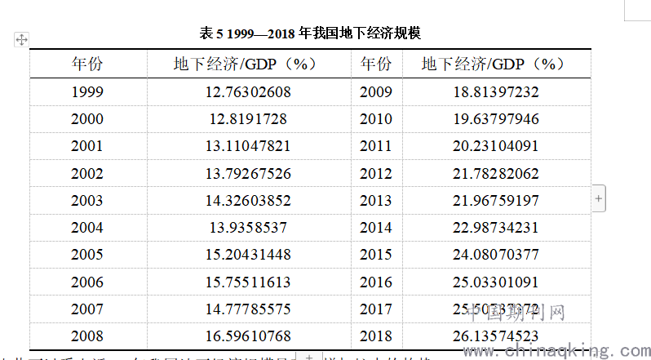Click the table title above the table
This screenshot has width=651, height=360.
click(x=310, y=33)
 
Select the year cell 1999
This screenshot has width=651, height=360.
click(x=87, y=92)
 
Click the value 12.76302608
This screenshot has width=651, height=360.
click(x=248, y=92)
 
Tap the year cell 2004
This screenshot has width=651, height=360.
click(x=87, y=228)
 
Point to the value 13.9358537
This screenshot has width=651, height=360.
click(x=248, y=228)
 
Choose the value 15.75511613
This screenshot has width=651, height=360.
click(x=248, y=282)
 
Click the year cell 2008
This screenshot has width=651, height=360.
click(x=87, y=336)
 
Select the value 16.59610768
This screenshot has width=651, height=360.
click(x=248, y=336)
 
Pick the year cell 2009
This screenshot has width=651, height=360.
click(x=376, y=92)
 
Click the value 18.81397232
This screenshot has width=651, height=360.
click(x=496, y=92)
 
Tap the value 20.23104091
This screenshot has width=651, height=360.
click(x=496, y=146)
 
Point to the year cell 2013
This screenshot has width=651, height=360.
click(x=376, y=201)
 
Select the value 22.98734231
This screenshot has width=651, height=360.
click(x=496, y=228)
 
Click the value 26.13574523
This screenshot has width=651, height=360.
click(x=496, y=336)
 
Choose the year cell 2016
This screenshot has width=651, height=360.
click(x=376, y=282)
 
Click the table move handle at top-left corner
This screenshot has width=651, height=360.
click(x=22, y=39)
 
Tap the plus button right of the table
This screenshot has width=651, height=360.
click(x=599, y=198)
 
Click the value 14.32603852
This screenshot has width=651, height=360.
click(x=248, y=201)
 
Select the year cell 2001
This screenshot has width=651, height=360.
click(x=87, y=146)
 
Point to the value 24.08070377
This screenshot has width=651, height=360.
click(x=496, y=255)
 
